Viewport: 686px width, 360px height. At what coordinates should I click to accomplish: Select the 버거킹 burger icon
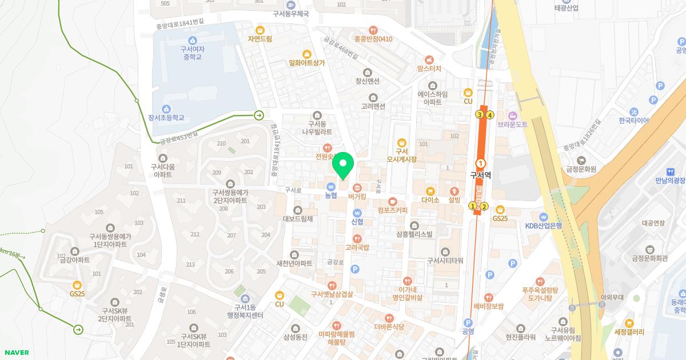[357, 187]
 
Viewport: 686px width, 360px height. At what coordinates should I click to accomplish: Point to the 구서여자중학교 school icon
[193, 40]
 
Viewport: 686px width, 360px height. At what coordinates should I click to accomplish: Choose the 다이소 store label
[430, 200]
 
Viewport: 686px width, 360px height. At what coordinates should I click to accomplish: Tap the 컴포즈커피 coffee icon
[393, 201]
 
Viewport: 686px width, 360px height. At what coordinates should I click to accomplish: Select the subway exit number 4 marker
[490, 115]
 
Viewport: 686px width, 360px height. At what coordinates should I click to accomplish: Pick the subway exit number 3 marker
[479, 115]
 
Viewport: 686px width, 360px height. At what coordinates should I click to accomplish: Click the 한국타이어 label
[633, 121]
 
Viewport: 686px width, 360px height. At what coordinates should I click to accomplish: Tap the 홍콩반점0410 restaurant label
[373, 39]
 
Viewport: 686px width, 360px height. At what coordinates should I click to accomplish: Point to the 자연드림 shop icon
[260, 30]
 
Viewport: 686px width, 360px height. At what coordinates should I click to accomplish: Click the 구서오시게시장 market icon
[401, 142]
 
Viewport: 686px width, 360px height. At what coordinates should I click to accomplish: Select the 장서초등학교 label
[166, 118]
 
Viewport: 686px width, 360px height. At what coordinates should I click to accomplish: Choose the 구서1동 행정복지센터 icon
[245, 299]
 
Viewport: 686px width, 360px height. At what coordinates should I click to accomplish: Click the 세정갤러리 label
[629, 332]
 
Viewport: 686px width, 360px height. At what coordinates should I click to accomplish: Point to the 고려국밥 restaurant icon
[357, 238]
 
